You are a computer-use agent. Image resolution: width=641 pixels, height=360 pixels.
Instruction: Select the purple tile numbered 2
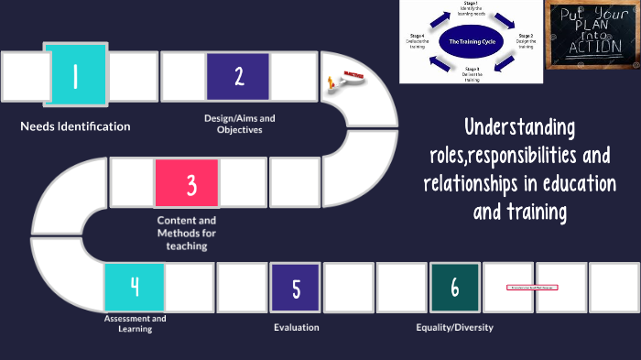pos(238,76)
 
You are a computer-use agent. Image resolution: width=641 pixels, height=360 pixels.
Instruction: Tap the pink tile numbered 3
pos(187,184)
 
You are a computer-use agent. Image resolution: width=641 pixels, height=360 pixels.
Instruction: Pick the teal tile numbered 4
pos(134,288)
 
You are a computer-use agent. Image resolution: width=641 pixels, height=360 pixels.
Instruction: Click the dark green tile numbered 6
pos(454,288)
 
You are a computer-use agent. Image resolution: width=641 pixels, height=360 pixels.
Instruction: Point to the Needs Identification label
pos(75,126)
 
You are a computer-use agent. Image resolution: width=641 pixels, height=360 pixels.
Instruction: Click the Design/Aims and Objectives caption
pos(239,124)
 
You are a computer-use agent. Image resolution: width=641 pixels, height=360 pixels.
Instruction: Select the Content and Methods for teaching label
pos(187,233)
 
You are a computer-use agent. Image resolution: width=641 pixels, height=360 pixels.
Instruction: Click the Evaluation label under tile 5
pos(296,327)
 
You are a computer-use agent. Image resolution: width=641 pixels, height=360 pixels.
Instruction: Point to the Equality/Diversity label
pos(454,327)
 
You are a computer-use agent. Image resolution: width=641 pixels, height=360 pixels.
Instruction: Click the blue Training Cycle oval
pos(472,41)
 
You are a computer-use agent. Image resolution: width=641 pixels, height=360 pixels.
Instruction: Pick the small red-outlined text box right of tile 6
pos(532,288)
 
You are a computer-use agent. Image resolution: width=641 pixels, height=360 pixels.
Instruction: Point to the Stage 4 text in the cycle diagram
pos(417,40)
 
